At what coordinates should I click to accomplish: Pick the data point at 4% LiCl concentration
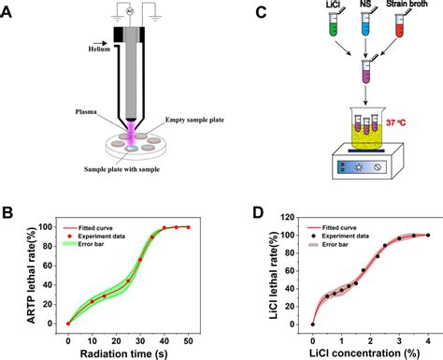point(428,236)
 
